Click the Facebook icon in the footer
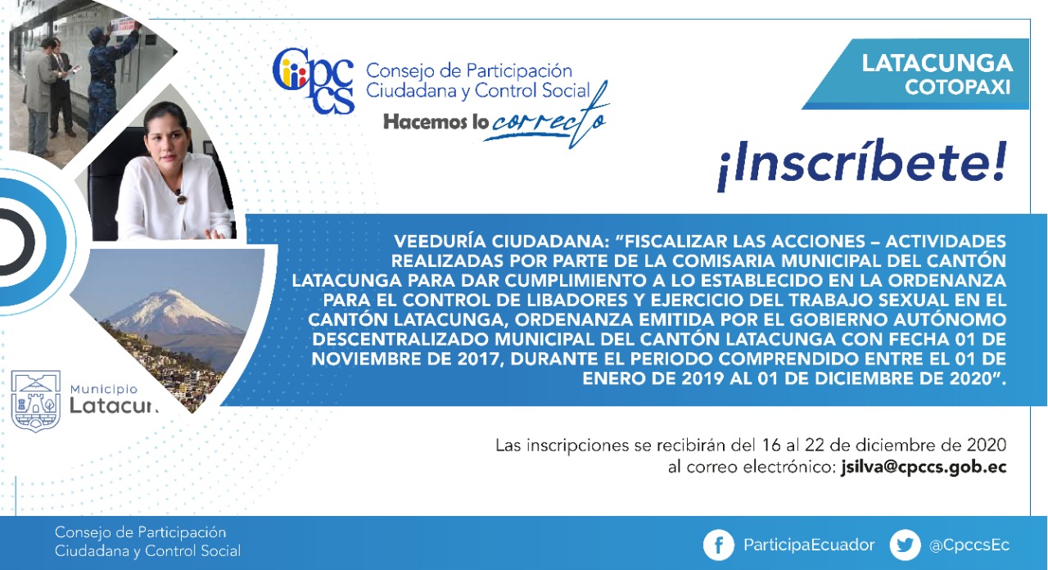(x=718, y=545)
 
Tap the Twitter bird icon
(x=905, y=545)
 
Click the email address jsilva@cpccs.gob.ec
(x=924, y=468)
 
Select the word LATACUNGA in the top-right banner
(x=937, y=64)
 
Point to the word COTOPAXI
(x=958, y=88)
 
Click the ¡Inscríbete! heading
(x=862, y=164)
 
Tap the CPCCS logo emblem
(x=314, y=81)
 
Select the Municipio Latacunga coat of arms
(x=36, y=401)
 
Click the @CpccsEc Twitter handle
(x=969, y=545)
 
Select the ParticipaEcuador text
(x=809, y=545)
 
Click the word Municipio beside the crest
(x=104, y=389)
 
